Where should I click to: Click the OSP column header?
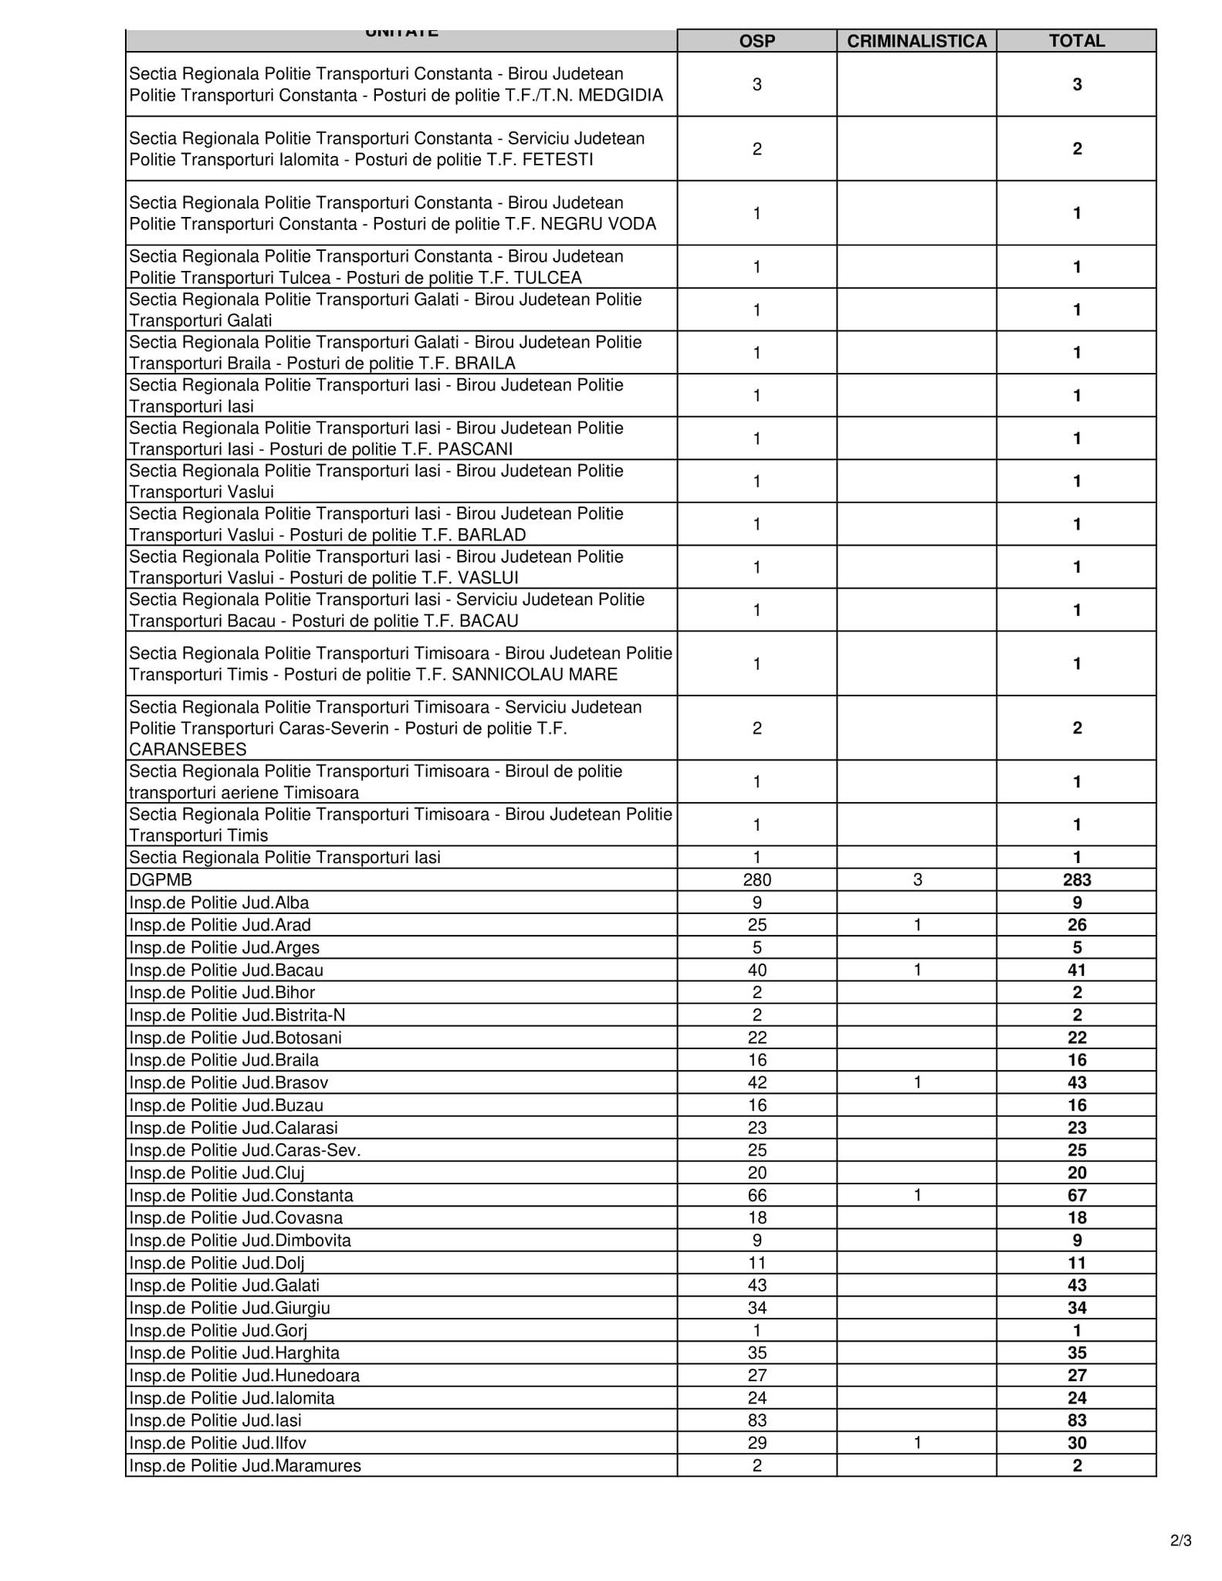point(757,41)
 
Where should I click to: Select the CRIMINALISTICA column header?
point(916,41)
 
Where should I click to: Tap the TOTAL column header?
point(1076,41)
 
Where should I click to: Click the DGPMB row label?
point(161,880)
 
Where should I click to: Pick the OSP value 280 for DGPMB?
point(757,880)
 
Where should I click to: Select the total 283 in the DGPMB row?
point(1076,880)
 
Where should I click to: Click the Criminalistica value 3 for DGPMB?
point(917,880)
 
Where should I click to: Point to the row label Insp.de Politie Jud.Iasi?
point(215,1420)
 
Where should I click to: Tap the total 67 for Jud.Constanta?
point(1076,1196)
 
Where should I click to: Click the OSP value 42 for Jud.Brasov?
point(757,1083)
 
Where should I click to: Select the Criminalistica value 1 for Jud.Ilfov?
point(917,1443)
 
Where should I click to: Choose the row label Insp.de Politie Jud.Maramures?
point(245,1465)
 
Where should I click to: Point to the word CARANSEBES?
point(188,750)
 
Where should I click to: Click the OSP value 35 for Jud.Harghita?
point(757,1352)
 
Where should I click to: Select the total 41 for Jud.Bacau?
point(1076,970)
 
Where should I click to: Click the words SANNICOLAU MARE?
point(534,675)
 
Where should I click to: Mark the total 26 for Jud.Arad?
point(1076,925)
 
